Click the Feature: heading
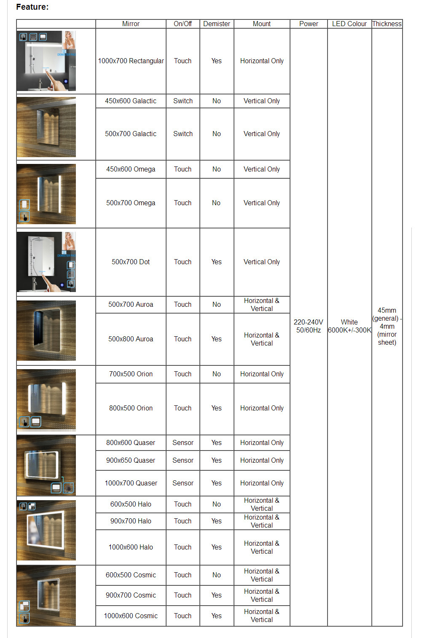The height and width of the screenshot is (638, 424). pos(32,7)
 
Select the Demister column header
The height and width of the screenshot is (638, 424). pos(217,24)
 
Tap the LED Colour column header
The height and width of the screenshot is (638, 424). pos(349,24)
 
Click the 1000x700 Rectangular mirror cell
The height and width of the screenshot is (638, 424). pos(131,61)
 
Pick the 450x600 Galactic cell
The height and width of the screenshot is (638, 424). pos(131,101)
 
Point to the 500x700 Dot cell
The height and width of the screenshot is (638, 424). pos(131,262)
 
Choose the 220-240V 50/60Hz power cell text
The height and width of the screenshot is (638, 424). pos(309,326)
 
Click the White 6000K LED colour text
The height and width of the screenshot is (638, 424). pos(349,326)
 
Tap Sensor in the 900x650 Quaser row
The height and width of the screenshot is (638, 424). pos(183,461)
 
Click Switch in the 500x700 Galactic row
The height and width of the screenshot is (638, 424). pos(183,134)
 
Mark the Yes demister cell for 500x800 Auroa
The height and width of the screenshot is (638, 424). pos(217,339)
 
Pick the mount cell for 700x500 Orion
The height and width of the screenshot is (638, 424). pos(262,374)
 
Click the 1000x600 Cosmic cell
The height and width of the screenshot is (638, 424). pos(131,616)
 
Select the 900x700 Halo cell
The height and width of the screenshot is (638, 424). pos(131,521)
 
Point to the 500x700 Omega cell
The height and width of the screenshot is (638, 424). pos(131,203)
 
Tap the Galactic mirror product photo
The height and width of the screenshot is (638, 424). pos(46,127)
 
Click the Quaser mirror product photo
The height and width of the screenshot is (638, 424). pos(46,466)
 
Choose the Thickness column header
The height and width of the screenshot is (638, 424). pos(387,24)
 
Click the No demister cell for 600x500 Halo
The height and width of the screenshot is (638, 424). pos(217,504)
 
